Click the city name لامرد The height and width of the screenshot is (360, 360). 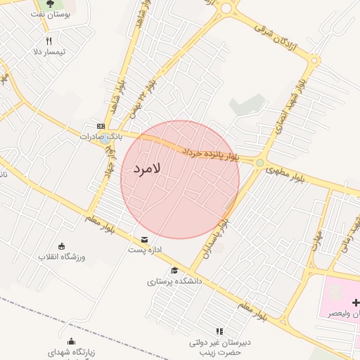(x=147, y=169)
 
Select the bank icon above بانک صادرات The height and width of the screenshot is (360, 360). (x=102, y=126)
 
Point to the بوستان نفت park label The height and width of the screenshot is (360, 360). (x=53, y=15)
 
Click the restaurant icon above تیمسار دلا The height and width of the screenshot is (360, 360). (x=49, y=41)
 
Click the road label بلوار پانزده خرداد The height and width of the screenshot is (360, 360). (x=211, y=153)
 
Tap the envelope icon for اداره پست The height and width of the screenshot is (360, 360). (x=144, y=239)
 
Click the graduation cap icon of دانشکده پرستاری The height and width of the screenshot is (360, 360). (x=174, y=270)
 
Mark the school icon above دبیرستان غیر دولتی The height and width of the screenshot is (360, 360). (x=219, y=331)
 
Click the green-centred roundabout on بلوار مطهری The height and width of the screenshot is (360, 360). (x=260, y=164)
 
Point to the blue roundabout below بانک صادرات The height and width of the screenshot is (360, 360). (x=105, y=139)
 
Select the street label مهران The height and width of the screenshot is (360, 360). (x=317, y=243)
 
